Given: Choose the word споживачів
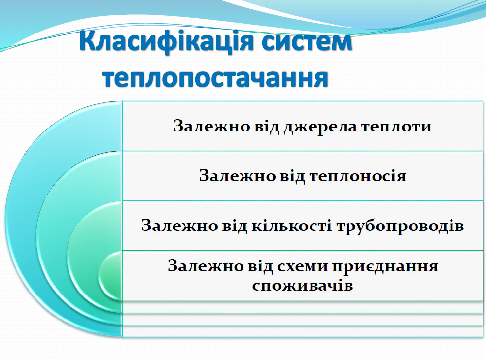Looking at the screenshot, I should point(303,285).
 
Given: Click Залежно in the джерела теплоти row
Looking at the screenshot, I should point(203,126).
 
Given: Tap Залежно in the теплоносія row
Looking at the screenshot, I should point(229,176).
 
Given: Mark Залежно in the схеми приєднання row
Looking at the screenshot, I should point(197,266).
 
